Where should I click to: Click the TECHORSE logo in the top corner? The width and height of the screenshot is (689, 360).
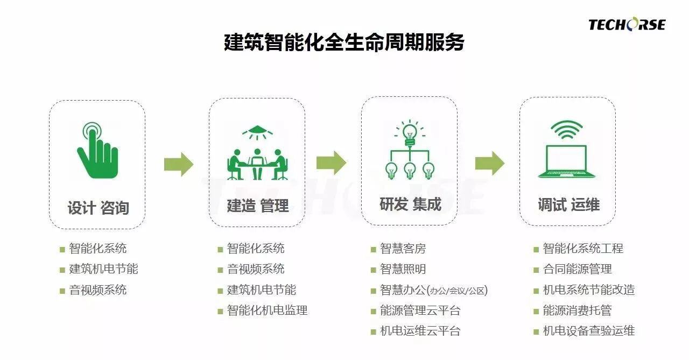[x=627, y=24]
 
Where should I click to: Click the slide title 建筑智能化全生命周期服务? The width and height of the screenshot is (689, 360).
[x=344, y=43]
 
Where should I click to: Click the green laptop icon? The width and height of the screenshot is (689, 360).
[x=566, y=162]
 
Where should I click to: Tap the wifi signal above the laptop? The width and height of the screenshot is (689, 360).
[x=566, y=130]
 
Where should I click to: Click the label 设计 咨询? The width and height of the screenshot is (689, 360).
[x=98, y=208]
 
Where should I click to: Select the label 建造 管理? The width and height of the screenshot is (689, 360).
[x=257, y=206]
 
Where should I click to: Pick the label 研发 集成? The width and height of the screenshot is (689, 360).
[x=410, y=204]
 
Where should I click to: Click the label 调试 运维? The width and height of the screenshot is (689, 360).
[x=568, y=204]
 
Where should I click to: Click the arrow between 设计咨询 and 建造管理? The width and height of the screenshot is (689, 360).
[x=179, y=164]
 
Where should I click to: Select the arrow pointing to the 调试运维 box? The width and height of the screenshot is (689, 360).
[x=489, y=163]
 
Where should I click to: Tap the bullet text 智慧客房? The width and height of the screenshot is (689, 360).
[x=403, y=249]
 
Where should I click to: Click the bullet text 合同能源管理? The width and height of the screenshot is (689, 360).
[x=577, y=269]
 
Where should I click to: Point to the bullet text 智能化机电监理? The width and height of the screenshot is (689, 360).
[x=267, y=310]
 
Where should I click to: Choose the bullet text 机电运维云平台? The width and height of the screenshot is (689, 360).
[x=420, y=331]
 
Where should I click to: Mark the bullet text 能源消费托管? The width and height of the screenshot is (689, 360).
[x=577, y=310]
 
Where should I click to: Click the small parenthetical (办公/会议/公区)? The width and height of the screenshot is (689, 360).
[x=457, y=291]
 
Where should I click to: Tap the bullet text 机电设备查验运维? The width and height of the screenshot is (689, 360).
[x=588, y=331]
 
